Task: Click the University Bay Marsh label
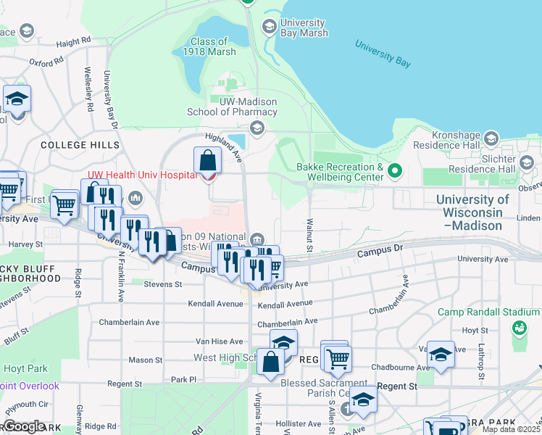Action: (304, 28)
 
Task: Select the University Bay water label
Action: (383, 53)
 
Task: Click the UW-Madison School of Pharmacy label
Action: (232, 107)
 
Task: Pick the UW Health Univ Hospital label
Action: (143, 175)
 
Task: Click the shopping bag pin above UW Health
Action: (207, 160)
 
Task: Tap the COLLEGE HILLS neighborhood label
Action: (80, 145)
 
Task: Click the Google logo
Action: (23, 426)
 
